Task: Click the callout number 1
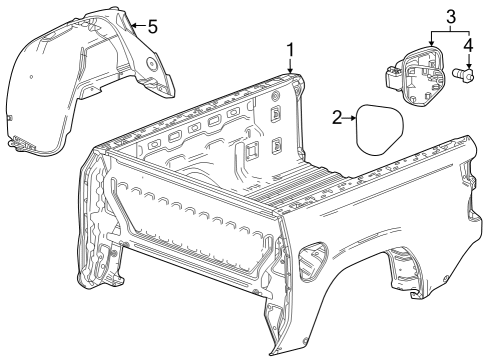(x=291, y=50)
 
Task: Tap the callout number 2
(x=337, y=118)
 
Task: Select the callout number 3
(x=450, y=17)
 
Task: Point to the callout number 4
(x=468, y=46)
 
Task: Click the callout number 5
(x=153, y=26)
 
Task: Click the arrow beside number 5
(x=139, y=26)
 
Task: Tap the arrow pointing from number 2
(x=350, y=118)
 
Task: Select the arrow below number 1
(x=291, y=66)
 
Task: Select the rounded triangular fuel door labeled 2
(x=379, y=129)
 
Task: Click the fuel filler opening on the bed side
(x=313, y=262)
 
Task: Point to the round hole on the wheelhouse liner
(x=152, y=63)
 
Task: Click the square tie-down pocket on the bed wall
(x=252, y=149)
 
